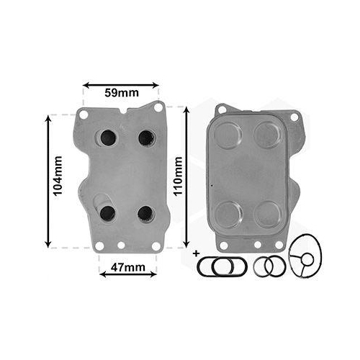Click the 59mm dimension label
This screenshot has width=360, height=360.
[120, 93]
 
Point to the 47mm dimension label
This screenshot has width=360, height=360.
[127, 269]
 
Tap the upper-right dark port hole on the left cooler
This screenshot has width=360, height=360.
[146, 137]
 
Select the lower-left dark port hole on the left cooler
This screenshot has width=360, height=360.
[108, 212]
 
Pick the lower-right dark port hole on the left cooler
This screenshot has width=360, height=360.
[145, 213]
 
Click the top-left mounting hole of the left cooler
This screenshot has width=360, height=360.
[84, 114]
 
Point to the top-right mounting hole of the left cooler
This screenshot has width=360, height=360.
[159, 107]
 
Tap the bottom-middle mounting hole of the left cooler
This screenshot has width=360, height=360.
[121, 245]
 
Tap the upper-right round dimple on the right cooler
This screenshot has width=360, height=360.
[267, 135]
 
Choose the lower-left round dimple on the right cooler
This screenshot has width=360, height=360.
[229, 214]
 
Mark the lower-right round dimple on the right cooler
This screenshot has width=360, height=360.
[268, 214]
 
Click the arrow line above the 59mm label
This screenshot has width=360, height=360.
[120, 85]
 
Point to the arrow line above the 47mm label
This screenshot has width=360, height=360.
[127, 256]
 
